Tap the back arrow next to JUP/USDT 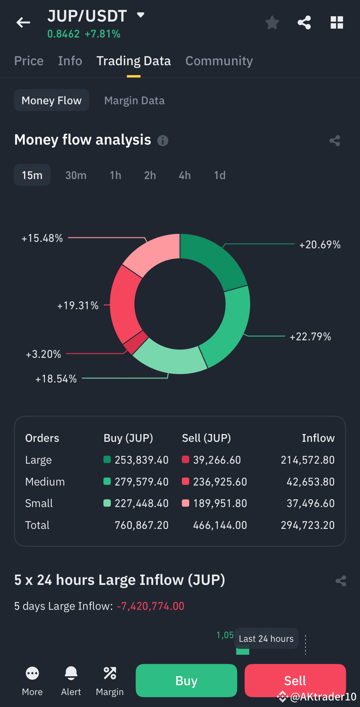pos(23,23)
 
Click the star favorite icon pos(272,23)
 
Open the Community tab pos(219,61)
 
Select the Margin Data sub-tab pos(134,100)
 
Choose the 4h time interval pos(184,175)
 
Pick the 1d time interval pos(220,175)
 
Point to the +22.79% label pos(310,337)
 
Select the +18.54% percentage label pos(56,379)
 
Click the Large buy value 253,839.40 pos(141,460)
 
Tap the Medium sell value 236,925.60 pos(220,482)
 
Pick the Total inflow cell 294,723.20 pos(307,525)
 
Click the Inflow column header pos(318,438)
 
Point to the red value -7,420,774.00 pos(150,606)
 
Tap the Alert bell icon pos(71,674)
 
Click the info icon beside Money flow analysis pos(163,140)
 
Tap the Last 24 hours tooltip pos(266,639)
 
